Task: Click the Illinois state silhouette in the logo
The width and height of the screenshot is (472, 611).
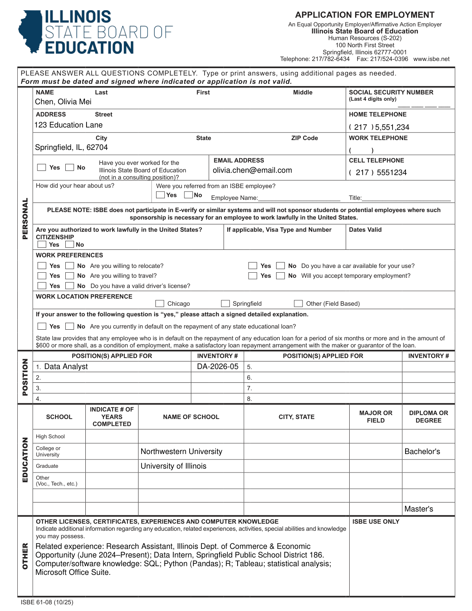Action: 31,31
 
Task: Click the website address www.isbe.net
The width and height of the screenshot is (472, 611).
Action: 431,59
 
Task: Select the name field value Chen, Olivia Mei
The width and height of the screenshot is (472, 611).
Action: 63,102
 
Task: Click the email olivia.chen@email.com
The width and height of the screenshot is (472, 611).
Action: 252,170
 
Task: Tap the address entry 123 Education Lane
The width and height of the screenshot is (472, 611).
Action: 68,125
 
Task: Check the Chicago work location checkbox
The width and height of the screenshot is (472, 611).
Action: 160,303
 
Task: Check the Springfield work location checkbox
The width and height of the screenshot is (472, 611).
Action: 225,303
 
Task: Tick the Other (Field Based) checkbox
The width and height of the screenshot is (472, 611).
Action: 299,303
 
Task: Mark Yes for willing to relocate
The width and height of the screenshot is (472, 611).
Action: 42,266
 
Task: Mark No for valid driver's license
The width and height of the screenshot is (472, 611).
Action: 70,286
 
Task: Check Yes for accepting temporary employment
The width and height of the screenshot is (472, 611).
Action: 253,276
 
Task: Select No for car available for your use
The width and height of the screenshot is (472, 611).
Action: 280,266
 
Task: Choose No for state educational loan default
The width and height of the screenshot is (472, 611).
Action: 70,326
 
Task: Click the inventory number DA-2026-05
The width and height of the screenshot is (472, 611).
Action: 218,367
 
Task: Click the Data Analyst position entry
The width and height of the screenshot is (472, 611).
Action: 66,367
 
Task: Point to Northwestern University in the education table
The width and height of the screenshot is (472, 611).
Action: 181,452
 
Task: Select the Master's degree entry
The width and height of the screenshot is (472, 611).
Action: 419,509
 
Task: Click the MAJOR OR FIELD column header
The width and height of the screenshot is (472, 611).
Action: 376,417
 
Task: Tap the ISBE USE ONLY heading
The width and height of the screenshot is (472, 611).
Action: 376,522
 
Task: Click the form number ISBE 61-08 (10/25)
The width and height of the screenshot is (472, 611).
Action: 47,602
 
